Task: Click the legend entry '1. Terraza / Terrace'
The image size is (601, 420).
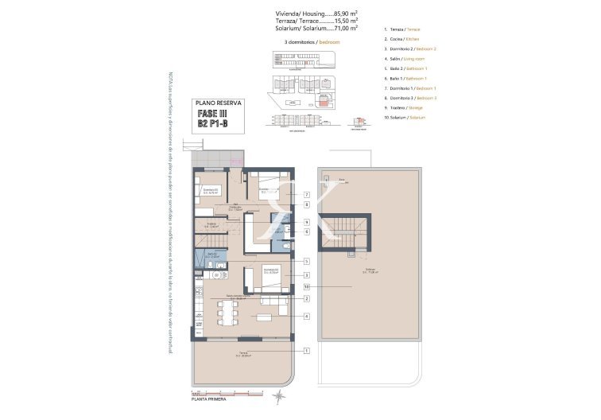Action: pyautogui.click(x=402, y=29)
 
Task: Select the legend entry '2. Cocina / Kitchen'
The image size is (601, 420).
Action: pyautogui.click(x=402, y=38)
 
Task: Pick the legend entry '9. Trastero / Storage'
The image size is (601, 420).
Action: pyautogui.click(x=403, y=107)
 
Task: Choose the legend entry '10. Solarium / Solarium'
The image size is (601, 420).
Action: pyautogui.click(x=405, y=117)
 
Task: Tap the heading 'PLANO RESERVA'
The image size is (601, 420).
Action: pyautogui.click(x=219, y=103)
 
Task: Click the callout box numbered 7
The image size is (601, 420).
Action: pyautogui.click(x=305, y=195)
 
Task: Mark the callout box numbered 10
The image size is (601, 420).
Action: pyautogui.click(x=305, y=286)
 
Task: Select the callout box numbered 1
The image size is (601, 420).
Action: pyautogui.click(x=305, y=350)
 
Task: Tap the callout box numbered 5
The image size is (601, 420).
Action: pyautogui.click(x=305, y=261)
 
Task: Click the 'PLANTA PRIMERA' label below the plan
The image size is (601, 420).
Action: pyautogui.click(x=213, y=400)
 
